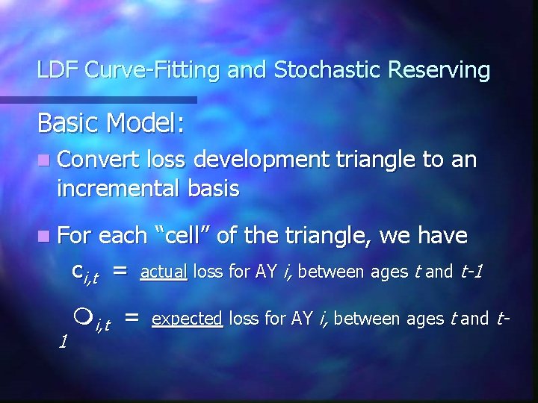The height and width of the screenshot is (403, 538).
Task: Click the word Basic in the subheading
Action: (x=69, y=122)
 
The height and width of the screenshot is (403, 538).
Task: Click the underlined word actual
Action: (x=164, y=272)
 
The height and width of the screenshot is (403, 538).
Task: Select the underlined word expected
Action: (x=187, y=319)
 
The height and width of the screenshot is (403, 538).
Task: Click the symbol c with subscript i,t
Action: (x=84, y=274)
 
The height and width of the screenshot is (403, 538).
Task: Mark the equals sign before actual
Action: (x=123, y=272)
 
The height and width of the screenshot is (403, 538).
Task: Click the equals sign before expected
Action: (x=132, y=319)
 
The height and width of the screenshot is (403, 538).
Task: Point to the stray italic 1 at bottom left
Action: (x=64, y=341)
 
